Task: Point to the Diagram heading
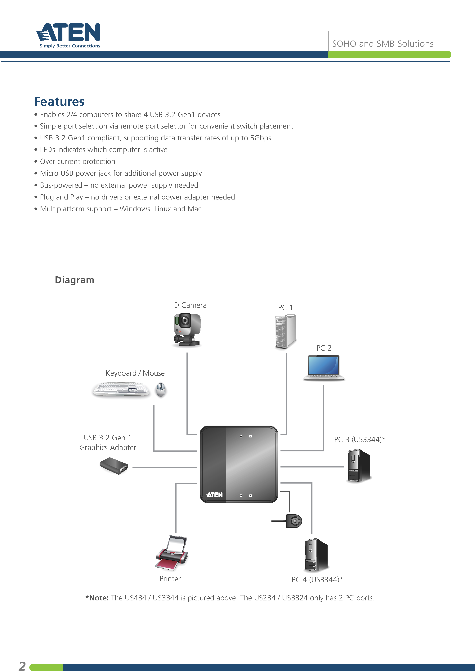pos(75,280)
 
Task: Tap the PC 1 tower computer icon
pos(285,332)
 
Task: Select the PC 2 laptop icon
pos(324,368)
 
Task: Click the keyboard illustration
pos(121,389)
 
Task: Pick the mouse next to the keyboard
pos(161,390)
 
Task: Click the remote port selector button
pos(294,521)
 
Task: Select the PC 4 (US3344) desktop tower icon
pos(316,555)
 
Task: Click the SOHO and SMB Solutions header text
pos(383,44)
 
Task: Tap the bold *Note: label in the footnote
pos(97,598)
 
